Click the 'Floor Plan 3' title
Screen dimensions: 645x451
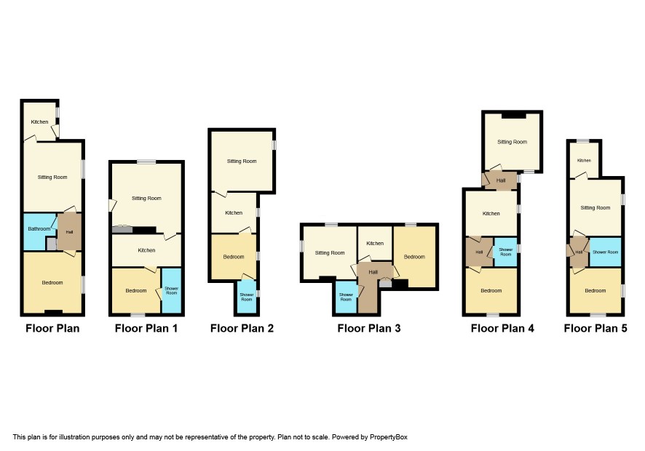(369, 329)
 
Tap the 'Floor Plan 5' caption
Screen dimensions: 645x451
(595, 329)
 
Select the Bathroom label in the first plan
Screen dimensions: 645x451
(39, 228)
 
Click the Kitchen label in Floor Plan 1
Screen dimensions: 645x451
(146, 250)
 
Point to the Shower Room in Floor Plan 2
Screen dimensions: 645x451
(247, 297)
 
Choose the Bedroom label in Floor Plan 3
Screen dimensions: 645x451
(414, 257)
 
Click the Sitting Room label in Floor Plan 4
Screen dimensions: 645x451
(512, 142)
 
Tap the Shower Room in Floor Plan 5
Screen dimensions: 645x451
(605, 252)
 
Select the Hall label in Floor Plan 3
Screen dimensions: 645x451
(373, 272)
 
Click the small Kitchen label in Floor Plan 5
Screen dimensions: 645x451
(584, 160)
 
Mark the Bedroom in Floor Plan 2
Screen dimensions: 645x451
(234, 257)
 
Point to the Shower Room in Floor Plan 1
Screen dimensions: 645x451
(172, 291)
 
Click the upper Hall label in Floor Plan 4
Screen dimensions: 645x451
(501, 180)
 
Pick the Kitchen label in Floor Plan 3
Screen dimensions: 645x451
(375, 244)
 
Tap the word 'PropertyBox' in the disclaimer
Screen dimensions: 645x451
(388, 437)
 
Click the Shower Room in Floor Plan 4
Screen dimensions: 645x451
(505, 252)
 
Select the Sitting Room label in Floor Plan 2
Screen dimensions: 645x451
(242, 161)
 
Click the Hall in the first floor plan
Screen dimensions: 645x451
(69, 232)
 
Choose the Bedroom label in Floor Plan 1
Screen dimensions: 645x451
(135, 291)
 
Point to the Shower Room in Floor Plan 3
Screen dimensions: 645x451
(346, 297)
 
